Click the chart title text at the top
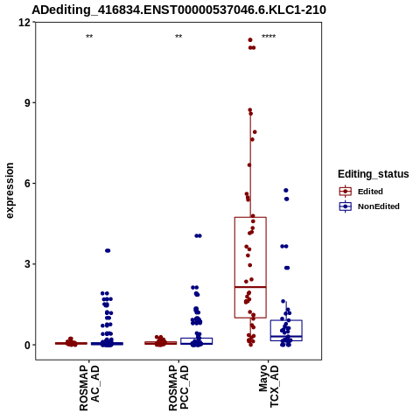(x=178, y=10)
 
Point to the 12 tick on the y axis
(x=24, y=23)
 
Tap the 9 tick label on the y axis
(x=28, y=103)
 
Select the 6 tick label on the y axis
(x=28, y=184)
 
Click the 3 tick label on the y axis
(x=28, y=264)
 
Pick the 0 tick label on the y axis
(x=28, y=345)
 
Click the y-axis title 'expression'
(x=10, y=191)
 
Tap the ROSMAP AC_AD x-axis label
(x=89, y=388)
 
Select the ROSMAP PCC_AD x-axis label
(x=178, y=388)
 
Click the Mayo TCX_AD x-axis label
(x=269, y=386)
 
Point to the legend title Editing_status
(x=374, y=174)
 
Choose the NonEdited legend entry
(x=369, y=206)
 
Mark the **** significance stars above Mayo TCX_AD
(x=269, y=37)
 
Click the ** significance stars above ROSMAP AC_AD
(x=89, y=37)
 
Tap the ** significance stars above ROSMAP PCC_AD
(x=178, y=37)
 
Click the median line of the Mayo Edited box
(x=250, y=287)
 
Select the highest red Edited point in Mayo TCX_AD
(x=250, y=40)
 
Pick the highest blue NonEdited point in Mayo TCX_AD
(x=286, y=191)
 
